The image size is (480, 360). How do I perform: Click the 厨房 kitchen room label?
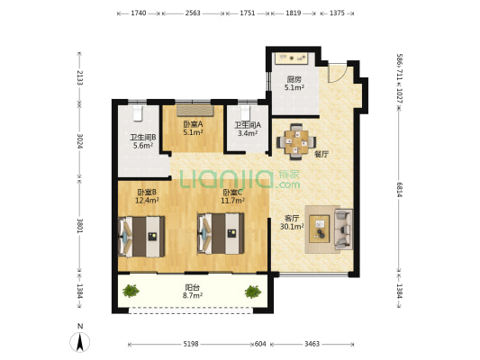[x=294, y=79]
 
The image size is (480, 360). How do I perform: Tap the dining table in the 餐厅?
[x=296, y=141]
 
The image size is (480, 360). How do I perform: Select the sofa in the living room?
[x=343, y=229]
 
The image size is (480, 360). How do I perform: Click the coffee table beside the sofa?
[x=319, y=229]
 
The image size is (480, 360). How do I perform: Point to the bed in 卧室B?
[x=141, y=237]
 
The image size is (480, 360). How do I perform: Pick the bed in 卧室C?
[x=221, y=233]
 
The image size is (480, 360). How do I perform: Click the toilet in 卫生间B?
[x=138, y=113]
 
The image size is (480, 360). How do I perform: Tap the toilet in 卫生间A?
[x=246, y=113]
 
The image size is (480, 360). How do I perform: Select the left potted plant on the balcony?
[x=131, y=291]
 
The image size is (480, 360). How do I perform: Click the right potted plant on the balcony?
[x=253, y=292]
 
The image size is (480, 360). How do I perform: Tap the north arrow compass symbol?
[x=80, y=342]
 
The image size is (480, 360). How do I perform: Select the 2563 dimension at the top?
[x=193, y=13]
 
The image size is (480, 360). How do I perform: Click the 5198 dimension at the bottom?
[x=191, y=344]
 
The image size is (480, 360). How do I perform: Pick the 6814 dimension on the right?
[x=400, y=190]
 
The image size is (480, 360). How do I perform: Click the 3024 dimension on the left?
[x=80, y=141]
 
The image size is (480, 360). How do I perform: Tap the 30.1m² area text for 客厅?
[x=292, y=227]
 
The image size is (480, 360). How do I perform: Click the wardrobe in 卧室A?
[x=195, y=111]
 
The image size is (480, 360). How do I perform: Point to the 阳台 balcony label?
[x=193, y=287]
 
